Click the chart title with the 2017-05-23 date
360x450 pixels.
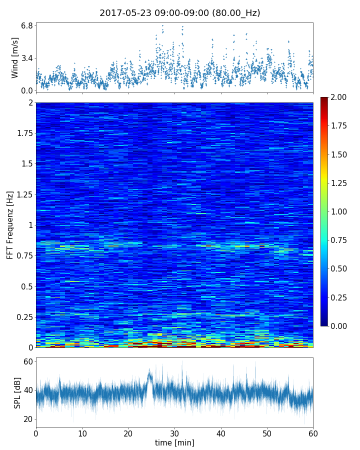(180, 13)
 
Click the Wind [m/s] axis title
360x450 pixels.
(15, 57)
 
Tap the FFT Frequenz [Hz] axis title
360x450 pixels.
(10, 224)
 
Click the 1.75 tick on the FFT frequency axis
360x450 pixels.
(23, 133)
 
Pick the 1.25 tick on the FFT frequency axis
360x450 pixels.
(23, 194)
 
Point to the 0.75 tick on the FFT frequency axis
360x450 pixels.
(23, 256)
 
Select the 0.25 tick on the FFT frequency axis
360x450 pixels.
(23, 317)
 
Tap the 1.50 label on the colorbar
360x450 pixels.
(340, 154)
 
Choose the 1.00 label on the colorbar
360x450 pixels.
(340, 211)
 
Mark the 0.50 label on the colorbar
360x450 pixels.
(340, 268)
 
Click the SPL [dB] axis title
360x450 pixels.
(17, 392)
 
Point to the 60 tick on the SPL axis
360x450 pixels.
(28, 361)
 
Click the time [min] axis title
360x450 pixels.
(174, 442)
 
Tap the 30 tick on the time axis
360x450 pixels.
(174, 432)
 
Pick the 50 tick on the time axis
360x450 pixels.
(267, 432)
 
